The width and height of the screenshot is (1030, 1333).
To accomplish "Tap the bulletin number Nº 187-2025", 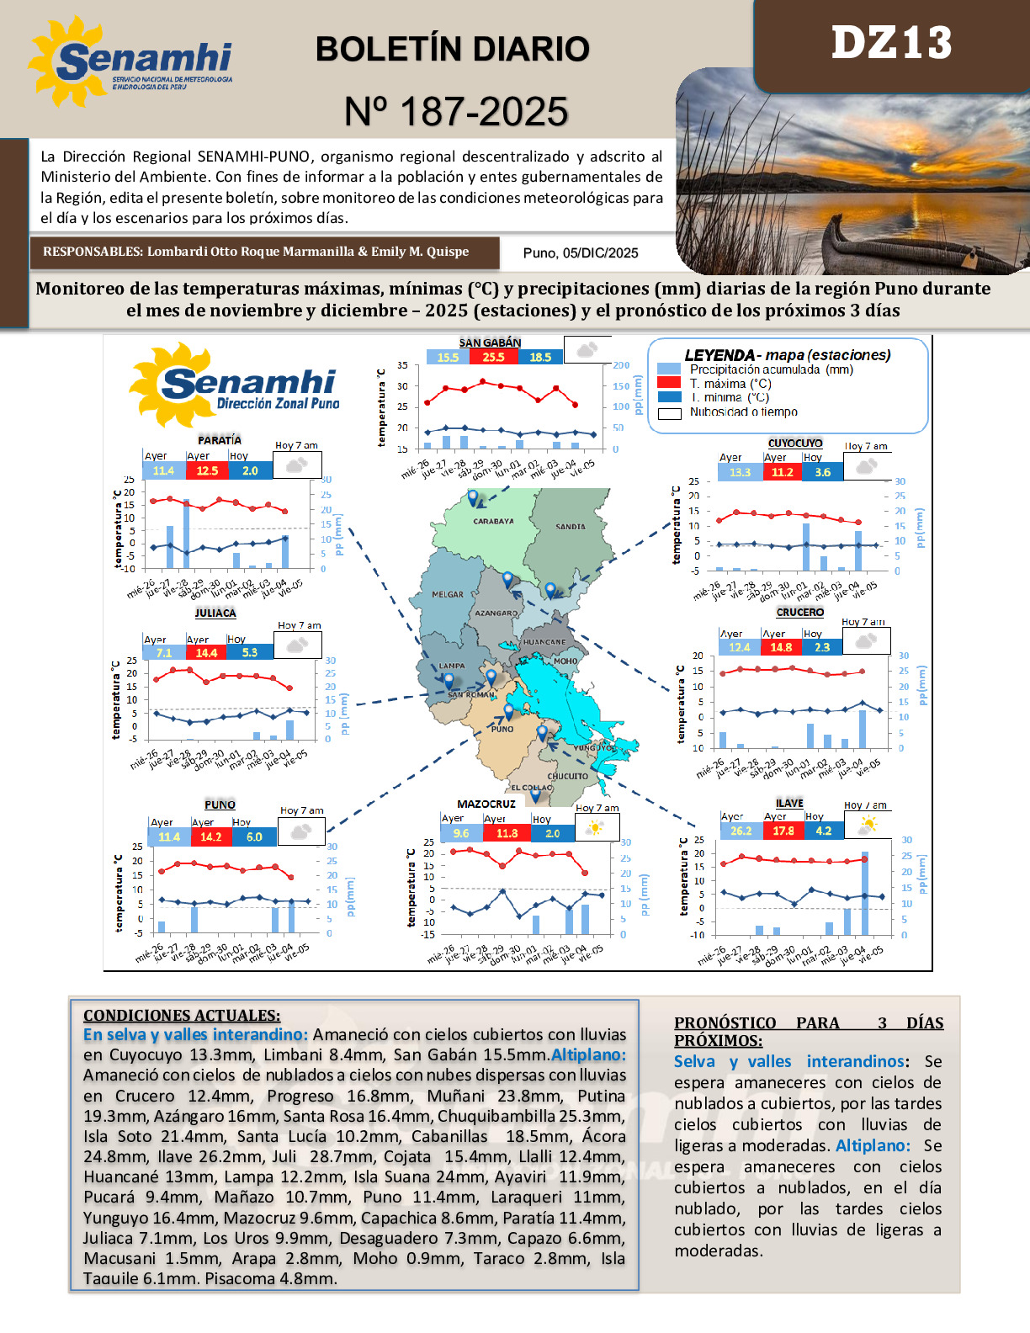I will (456, 112).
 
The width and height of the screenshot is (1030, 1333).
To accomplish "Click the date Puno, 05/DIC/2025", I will (580, 253).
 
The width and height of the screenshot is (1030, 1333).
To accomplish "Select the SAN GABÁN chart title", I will (490, 343).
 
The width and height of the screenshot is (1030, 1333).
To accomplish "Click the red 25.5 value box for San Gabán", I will (493, 357).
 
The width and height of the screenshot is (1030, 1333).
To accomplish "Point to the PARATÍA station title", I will (220, 440).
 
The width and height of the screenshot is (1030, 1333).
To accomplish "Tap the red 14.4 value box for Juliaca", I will (206, 652).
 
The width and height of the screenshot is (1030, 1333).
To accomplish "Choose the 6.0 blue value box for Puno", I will (254, 837).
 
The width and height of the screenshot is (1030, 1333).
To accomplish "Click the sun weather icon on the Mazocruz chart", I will (595, 828).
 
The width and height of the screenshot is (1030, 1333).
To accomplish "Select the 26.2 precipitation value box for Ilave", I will (741, 831).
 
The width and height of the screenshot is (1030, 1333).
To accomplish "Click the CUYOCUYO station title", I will (795, 443).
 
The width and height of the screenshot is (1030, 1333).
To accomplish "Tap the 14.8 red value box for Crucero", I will (781, 647).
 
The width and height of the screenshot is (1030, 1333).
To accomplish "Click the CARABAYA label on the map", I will (493, 522).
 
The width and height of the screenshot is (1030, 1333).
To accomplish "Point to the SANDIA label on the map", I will (571, 527).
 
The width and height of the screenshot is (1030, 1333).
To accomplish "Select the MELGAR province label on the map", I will (448, 594).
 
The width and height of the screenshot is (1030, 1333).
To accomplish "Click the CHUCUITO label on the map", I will (567, 777).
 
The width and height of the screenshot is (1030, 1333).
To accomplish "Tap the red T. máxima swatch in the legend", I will (669, 383).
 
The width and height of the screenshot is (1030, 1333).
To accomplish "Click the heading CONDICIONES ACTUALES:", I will (182, 1015).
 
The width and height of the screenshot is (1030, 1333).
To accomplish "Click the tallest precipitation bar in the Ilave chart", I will (864, 894).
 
